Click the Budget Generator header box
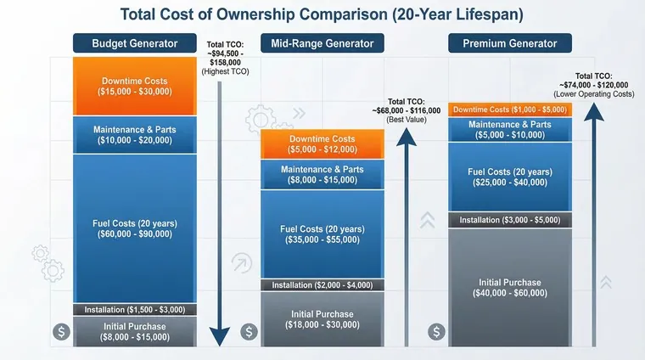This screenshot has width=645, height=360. click(134, 43)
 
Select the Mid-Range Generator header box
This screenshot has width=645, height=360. click(322, 43)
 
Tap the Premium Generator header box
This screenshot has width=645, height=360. click(510, 43)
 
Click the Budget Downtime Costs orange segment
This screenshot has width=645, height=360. click(134, 86)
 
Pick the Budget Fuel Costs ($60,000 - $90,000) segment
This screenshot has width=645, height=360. click(134, 228)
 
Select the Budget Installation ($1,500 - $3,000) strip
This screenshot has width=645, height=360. click(134, 309)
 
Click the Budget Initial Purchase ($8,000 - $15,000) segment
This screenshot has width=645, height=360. click(134, 332)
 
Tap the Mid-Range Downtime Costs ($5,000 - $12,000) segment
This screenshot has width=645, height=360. click(322, 144)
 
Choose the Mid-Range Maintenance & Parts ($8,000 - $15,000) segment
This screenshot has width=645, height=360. click(322, 174)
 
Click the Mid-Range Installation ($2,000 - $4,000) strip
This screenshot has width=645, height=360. click(322, 284)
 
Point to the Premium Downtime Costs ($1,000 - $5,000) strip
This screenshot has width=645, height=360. click(510, 110)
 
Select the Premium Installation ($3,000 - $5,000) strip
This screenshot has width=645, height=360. click(510, 220)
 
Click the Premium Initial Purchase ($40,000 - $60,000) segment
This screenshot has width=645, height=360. click(510, 288)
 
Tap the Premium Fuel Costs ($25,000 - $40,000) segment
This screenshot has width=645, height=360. click(510, 177)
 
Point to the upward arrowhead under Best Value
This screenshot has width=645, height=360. click(407, 137)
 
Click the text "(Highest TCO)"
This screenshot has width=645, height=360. click(225, 71)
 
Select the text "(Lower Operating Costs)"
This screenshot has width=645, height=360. click(593, 94)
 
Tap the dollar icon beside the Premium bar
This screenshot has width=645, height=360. click(436, 332)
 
